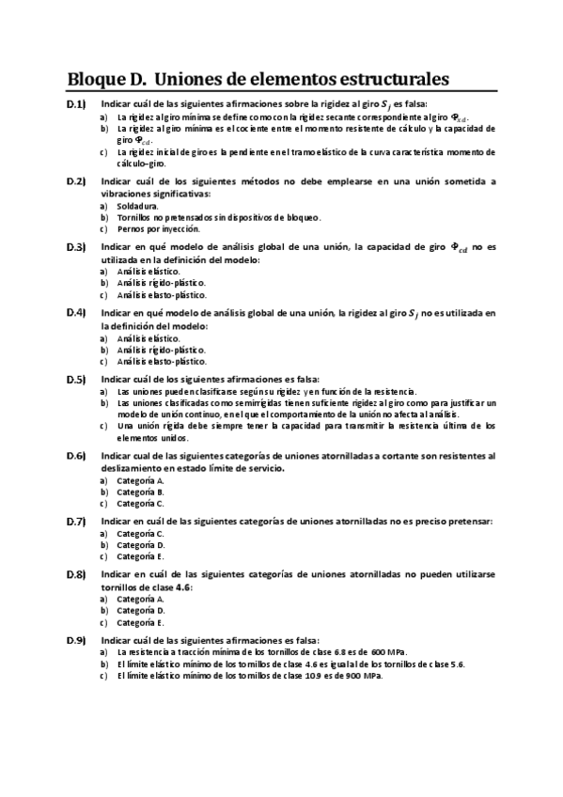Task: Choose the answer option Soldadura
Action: (138, 205)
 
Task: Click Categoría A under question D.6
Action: (141, 480)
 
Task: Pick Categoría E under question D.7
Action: (141, 555)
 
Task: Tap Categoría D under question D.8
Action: (141, 610)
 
